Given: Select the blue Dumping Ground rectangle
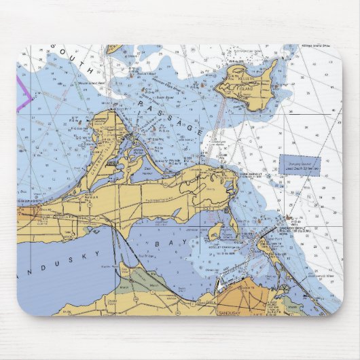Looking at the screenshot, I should click(300, 166).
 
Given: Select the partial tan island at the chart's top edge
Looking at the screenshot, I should click(114, 49).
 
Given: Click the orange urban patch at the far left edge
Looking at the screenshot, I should click(23, 216).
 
